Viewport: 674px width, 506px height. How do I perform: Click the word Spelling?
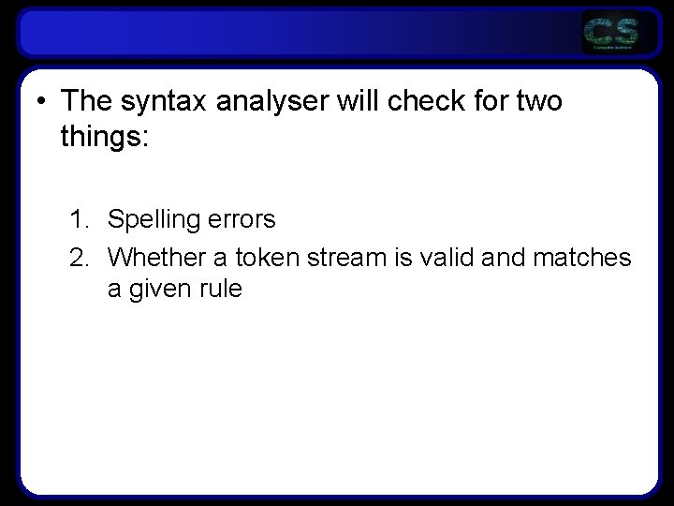154,220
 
